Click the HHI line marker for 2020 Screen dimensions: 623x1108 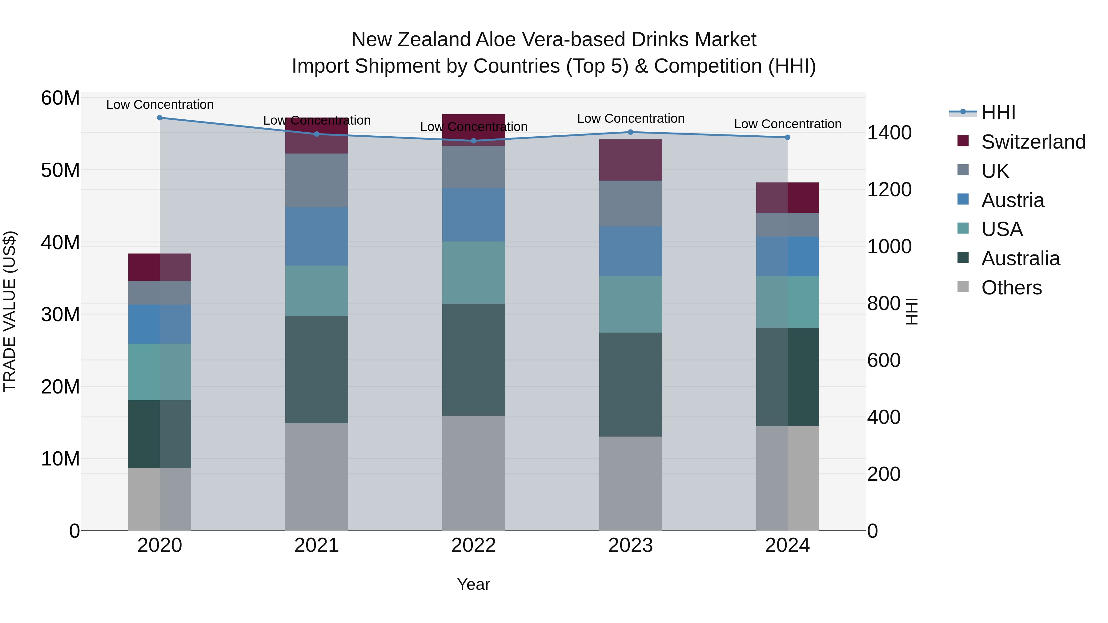tap(159, 118)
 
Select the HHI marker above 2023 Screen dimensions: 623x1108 tap(631, 132)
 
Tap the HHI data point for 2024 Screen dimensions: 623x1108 tap(788, 137)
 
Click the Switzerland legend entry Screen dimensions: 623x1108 tap(1033, 142)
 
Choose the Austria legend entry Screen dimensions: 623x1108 tap(1013, 200)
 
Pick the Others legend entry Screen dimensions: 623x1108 tap(1011, 288)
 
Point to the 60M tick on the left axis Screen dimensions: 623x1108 tap(60, 98)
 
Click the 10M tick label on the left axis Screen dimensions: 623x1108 tap(60, 459)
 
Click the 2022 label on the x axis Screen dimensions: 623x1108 tap(474, 545)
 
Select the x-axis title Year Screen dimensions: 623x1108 tap(474, 584)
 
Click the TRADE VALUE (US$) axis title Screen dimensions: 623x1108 tap(10, 312)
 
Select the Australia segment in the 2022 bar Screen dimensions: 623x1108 tap(474, 359)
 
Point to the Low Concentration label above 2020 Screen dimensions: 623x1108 tap(159, 105)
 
